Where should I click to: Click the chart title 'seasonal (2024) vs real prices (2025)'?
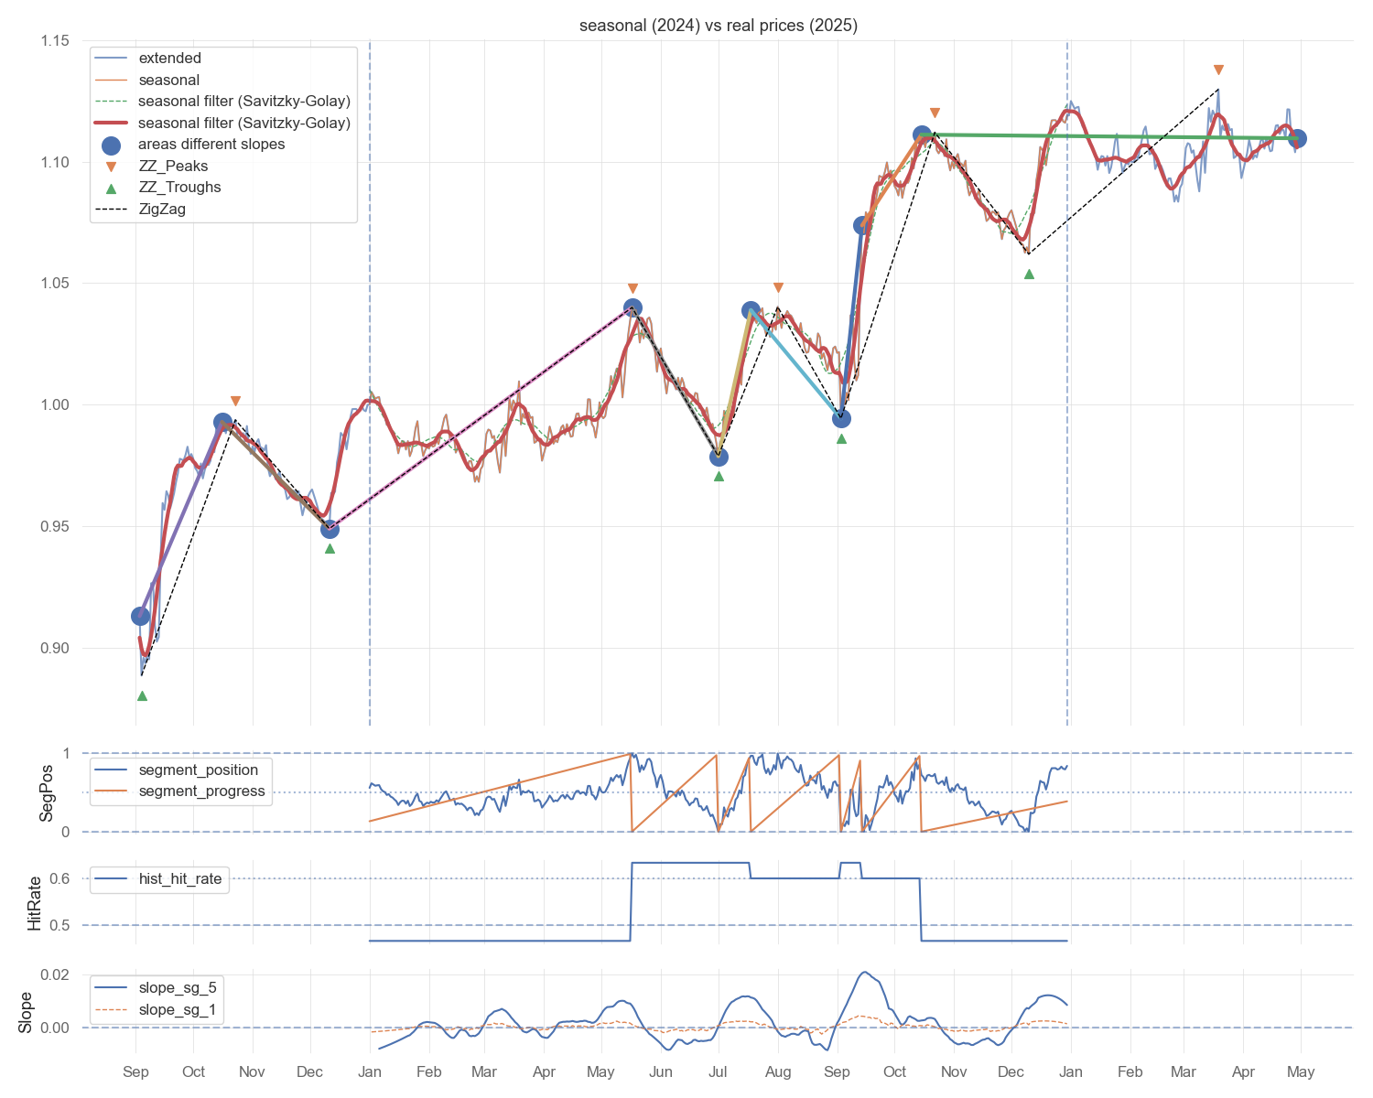[718, 26]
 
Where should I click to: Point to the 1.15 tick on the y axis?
[55, 41]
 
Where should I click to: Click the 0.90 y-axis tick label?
[55, 648]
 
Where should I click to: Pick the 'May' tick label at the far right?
[1300, 1071]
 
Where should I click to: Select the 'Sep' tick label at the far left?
[135, 1071]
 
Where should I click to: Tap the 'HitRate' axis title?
[34, 903]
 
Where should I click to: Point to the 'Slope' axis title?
[25, 1013]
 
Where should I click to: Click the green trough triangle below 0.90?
[142, 695]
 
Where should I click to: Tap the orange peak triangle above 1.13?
[1217, 70]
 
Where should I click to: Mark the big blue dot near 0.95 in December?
[330, 529]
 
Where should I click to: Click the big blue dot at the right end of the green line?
[1296, 138]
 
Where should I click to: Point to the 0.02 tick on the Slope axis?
[55, 974]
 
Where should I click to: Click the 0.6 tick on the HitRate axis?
[59, 878]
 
